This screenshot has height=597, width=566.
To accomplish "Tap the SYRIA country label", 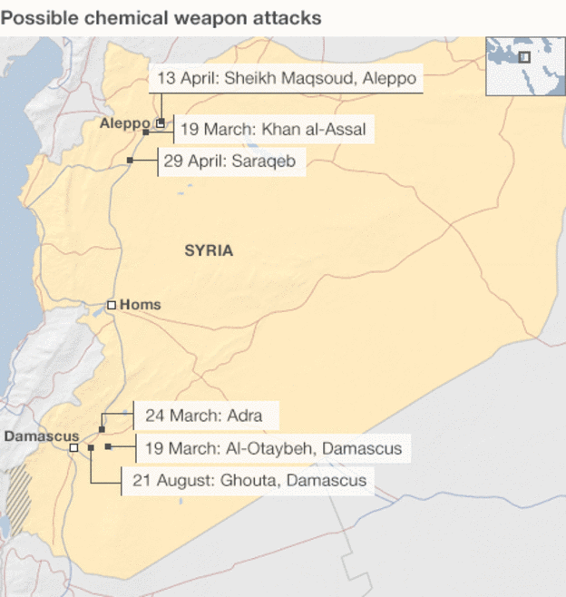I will point(209,250).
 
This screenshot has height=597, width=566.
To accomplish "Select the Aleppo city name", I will point(124,123).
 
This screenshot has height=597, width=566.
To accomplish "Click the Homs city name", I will point(141,305).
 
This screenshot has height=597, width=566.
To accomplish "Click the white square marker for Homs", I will point(112,306).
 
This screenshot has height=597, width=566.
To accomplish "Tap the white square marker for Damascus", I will point(73,447).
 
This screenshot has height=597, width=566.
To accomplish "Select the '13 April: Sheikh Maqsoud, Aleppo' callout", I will point(286,79).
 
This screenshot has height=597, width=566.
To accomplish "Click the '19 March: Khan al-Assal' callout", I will point(272,130).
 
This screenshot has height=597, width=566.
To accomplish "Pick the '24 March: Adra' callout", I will point(204,416).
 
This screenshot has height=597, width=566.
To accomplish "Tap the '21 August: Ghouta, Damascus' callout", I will point(249,481).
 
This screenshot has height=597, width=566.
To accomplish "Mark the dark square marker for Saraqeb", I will point(130,161).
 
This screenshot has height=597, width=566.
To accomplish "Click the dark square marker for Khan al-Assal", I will point(145,132).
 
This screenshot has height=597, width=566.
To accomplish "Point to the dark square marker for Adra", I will point(102,429).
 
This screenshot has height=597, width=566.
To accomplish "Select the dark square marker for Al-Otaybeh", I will point(108,446).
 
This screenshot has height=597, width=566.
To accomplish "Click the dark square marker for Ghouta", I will point(90,447).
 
